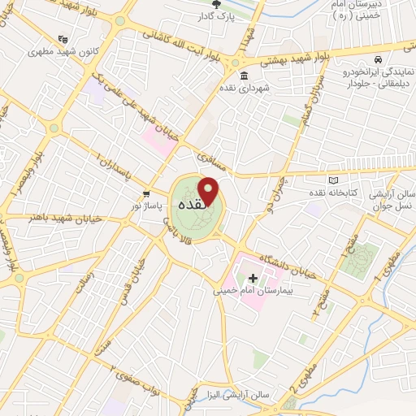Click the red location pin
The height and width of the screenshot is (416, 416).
(x=210, y=192)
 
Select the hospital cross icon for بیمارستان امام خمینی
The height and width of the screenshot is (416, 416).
(x=262, y=279)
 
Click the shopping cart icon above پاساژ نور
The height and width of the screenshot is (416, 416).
(x=145, y=194)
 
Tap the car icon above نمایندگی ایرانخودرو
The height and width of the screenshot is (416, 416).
(x=378, y=60)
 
